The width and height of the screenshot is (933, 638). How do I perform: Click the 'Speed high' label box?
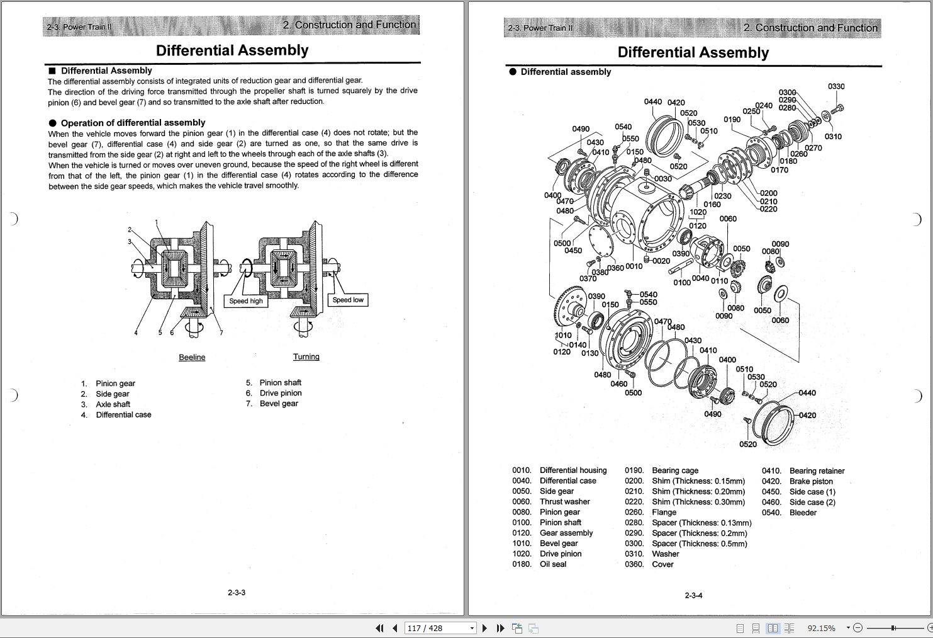[246, 301]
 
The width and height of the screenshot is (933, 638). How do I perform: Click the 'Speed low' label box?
[348, 300]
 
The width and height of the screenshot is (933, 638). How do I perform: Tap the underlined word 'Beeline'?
[192, 357]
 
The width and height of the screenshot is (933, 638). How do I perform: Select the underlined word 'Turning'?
[306, 356]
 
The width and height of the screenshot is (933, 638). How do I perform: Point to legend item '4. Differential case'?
[116, 414]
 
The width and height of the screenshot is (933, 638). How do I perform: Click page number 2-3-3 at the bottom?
[237, 593]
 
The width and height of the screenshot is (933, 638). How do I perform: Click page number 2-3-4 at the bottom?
[693, 595]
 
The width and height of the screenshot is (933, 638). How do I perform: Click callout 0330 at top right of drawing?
[836, 87]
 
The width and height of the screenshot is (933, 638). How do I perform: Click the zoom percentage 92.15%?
[821, 628]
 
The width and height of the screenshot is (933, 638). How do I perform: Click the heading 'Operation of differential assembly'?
[133, 123]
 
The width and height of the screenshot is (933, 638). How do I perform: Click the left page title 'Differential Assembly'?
[232, 50]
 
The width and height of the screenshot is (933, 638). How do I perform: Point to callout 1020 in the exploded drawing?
[698, 213]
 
